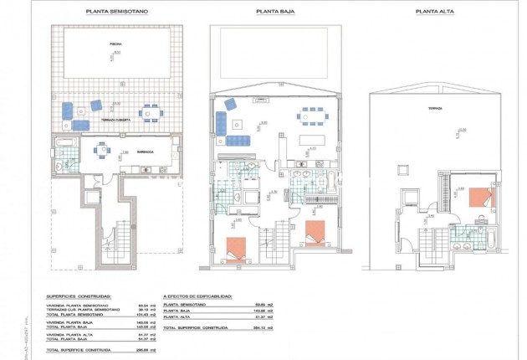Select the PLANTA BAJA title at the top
[x=275, y=13]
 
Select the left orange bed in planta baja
[x=237, y=249]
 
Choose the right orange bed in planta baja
[x=315, y=233]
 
